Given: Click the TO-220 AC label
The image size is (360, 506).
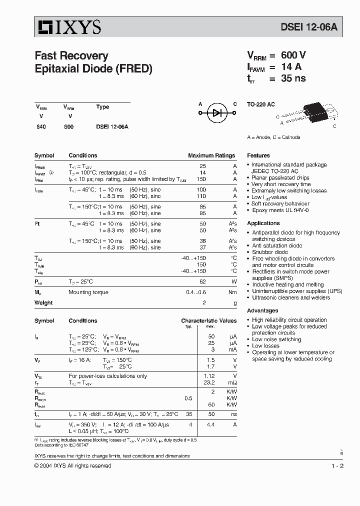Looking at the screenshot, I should click(x=261, y=104).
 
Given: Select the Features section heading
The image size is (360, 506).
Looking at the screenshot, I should click(x=258, y=155).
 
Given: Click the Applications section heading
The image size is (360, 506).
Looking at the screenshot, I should click(x=263, y=223).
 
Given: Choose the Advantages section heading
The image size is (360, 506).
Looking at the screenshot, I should click(x=262, y=310).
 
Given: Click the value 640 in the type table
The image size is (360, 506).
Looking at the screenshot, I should click(x=41, y=127).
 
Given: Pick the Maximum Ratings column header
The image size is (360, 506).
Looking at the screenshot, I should click(x=211, y=155).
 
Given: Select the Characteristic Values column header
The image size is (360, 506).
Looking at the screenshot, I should click(x=208, y=320).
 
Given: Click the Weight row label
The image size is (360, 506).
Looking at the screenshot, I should click(x=43, y=302).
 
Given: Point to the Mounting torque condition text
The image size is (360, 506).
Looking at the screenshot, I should click(x=88, y=292).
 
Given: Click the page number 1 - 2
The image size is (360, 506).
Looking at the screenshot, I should click(x=337, y=465).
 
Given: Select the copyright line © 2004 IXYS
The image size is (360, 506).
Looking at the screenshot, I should click(x=72, y=465).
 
